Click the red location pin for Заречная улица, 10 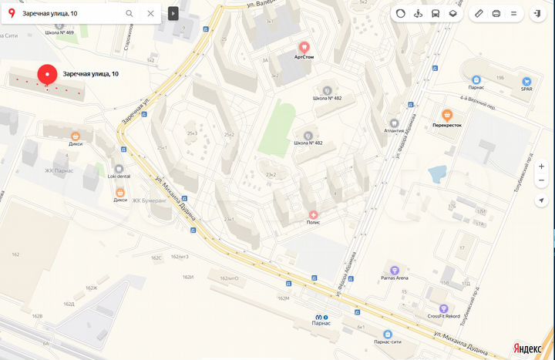pyautogui.click(x=48, y=74)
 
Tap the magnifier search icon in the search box pyautogui.click(x=129, y=13)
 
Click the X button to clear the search pyautogui.click(x=150, y=13)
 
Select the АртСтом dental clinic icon pyautogui.click(x=304, y=47)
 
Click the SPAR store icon pyautogui.click(x=526, y=80)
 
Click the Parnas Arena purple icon pyautogui.click(x=395, y=271)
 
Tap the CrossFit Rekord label pyautogui.click(x=444, y=316)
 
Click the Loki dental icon pyautogui.click(x=119, y=168)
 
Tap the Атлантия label pyautogui.click(x=394, y=130)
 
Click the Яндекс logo pyautogui.click(x=527, y=348)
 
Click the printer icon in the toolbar pyautogui.click(x=496, y=13)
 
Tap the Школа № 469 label pyautogui.click(x=59, y=33)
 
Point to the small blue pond pyautogui.click(x=436, y=173)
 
